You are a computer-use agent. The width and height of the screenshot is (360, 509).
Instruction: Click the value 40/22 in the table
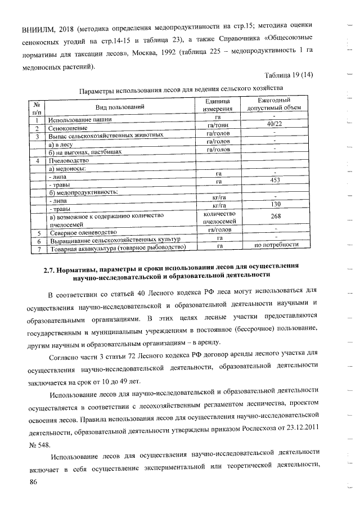(x=274, y=124)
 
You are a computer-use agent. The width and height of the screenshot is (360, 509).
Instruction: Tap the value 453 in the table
(x=274, y=180)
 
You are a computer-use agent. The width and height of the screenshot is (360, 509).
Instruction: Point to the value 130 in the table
(x=275, y=205)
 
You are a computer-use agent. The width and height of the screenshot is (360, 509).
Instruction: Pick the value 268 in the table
(x=275, y=217)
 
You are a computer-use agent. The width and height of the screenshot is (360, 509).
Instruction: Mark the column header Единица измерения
(x=218, y=103)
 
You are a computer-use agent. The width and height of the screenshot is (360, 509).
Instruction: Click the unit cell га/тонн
(x=218, y=125)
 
